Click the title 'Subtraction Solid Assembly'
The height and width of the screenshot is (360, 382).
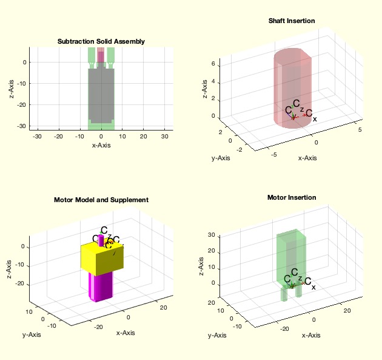coord(101,41)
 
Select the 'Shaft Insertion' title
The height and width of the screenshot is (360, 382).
coord(292,21)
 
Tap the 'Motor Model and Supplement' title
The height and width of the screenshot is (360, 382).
coord(101,199)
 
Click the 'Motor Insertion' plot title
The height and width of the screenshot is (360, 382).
coord(292,197)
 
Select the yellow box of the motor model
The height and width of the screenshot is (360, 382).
coord(103,258)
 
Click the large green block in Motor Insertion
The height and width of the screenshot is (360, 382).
coord(291,255)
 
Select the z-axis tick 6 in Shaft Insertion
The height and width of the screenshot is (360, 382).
coord(205,63)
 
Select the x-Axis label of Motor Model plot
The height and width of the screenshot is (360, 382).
coord(125,332)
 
